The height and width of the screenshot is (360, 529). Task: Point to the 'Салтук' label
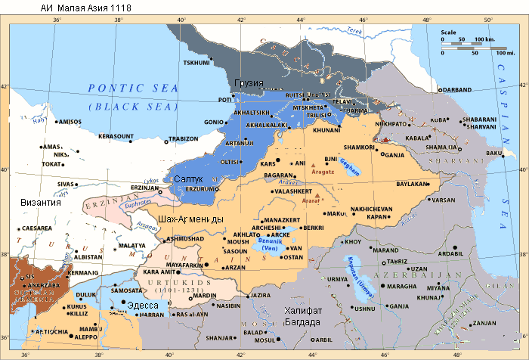[x=189, y=179]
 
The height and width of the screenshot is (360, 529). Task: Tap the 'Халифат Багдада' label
[x=303, y=316]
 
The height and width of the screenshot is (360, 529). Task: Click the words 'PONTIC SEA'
[x=133, y=88]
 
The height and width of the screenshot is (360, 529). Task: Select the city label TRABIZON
[x=182, y=138]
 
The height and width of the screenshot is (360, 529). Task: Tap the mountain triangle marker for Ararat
[x=317, y=197]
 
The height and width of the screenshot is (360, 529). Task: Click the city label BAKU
[x=495, y=154]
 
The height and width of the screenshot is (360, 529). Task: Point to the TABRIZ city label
[x=397, y=261]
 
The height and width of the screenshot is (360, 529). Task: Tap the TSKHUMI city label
[x=196, y=63]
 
